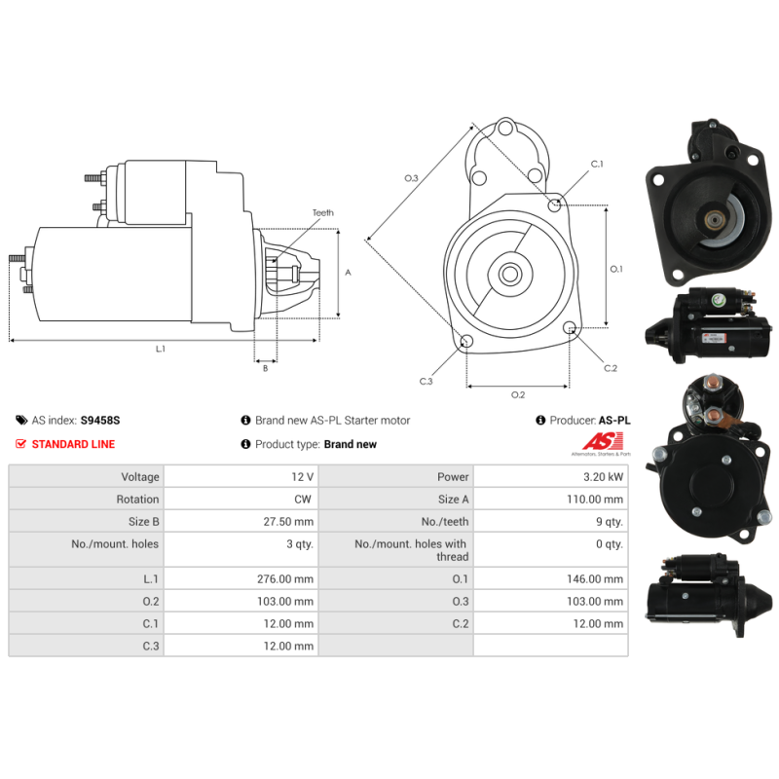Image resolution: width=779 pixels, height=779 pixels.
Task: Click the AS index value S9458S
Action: [100, 421]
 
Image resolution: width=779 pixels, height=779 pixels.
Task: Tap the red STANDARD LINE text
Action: [73, 444]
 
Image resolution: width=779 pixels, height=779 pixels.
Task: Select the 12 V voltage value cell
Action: [302, 477]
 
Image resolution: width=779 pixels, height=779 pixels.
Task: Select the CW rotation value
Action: [304, 500]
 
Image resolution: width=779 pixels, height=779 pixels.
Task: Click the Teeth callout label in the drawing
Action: [322, 212]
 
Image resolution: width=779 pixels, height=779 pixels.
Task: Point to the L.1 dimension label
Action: [161, 349]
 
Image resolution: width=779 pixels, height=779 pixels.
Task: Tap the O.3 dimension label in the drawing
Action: [411, 178]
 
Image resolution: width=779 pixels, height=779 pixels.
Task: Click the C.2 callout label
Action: [611, 368]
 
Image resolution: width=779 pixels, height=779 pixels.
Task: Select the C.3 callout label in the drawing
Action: [426, 381]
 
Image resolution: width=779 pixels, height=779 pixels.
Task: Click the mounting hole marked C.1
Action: [555, 204]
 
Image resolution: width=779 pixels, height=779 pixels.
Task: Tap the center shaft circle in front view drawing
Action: [509, 275]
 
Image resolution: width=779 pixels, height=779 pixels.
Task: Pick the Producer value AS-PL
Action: [614, 421]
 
